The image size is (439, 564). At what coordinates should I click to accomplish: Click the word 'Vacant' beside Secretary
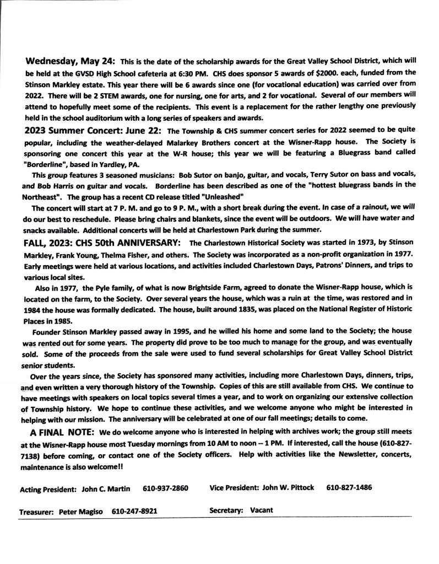point(261,511)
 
